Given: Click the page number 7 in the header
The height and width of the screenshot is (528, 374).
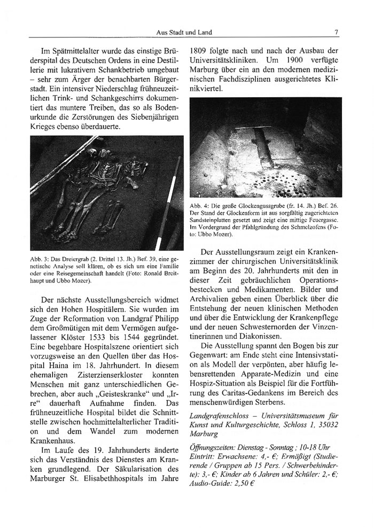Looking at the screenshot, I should coord(336,33).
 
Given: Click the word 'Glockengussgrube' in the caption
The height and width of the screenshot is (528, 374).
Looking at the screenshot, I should coord(251,206).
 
